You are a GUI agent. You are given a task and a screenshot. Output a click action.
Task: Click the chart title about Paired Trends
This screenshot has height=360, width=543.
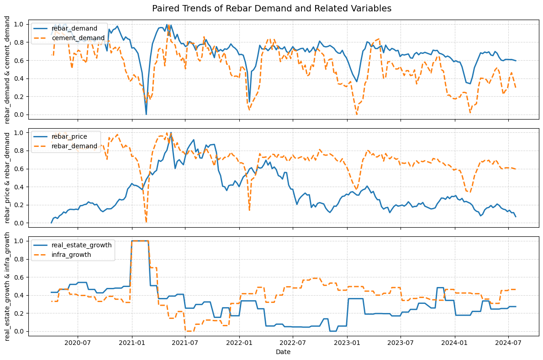click(271, 9)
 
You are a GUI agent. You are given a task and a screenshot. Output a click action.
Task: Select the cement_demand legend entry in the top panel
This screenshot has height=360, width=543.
click(84, 38)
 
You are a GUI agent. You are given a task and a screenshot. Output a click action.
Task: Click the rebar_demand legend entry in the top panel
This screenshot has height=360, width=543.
click(81, 28)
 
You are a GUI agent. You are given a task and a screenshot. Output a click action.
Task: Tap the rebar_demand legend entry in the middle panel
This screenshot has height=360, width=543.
click(81, 146)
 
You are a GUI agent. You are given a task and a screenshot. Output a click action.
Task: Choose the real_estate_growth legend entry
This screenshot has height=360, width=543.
click(88, 245)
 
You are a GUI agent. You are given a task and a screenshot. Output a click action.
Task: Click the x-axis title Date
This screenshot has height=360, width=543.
click(283, 352)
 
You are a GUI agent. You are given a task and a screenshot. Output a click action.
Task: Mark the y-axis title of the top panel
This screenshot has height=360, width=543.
click(8, 69)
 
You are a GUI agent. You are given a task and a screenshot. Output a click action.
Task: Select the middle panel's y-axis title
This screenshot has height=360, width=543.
click(8, 177)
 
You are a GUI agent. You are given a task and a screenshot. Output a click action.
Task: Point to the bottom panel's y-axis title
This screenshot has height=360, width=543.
click(8, 286)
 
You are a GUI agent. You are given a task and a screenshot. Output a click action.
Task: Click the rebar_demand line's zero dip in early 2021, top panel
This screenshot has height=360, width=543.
click(146, 114)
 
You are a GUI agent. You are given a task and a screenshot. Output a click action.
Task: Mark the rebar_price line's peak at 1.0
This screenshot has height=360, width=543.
click(171, 133)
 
